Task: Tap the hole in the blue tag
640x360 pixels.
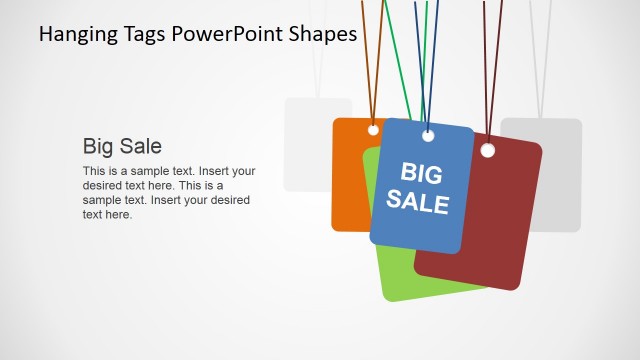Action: coord(428,135)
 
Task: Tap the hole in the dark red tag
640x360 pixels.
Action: coord(488,150)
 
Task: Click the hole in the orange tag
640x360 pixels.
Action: coord(373,130)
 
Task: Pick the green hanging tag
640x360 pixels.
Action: coord(400,275)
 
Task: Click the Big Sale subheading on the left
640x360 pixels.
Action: coord(122,146)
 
